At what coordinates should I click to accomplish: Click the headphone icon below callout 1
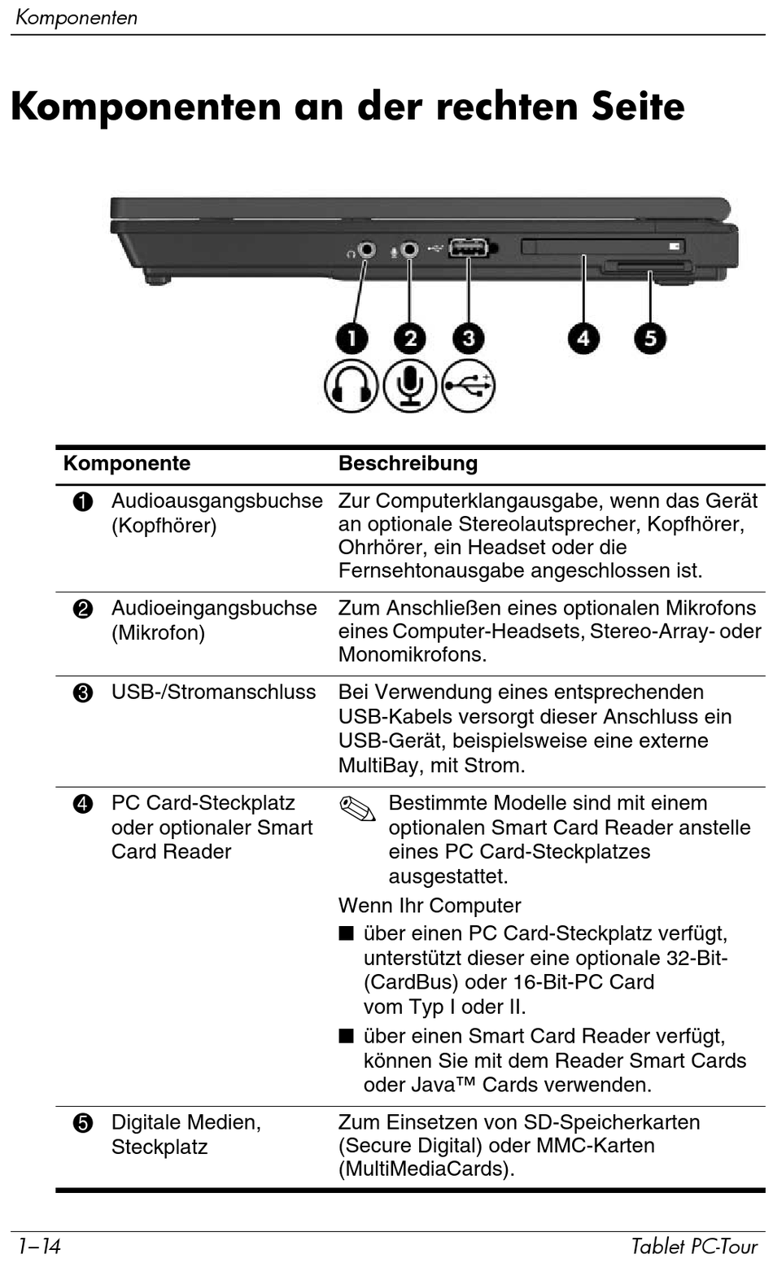click(351, 386)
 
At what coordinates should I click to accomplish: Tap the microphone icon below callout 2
click(410, 386)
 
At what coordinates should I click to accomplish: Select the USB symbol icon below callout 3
click(469, 386)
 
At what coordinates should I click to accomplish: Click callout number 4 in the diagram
click(583, 338)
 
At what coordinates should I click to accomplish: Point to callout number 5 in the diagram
click(649, 338)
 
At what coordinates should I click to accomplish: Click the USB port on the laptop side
click(469, 247)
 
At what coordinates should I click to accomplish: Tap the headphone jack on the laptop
click(367, 249)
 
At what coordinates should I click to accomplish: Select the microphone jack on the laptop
click(409, 249)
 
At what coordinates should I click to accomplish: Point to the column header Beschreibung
click(408, 464)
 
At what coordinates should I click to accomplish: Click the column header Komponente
click(127, 464)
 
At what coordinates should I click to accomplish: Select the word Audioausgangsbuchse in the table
click(216, 501)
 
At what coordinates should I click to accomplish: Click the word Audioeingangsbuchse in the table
click(214, 609)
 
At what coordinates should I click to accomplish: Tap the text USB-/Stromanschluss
click(213, 693)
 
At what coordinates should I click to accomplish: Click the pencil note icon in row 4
click(357, 808)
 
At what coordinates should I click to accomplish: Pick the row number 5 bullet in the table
click(83, 1124)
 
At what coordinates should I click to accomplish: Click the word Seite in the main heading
click(638, 107)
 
